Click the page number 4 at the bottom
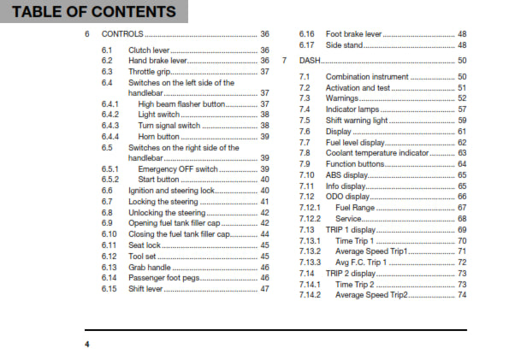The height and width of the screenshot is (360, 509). click(86, 344)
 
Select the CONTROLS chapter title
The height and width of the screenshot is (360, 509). click(122, 35)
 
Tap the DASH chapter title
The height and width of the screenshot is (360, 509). click(311, 62)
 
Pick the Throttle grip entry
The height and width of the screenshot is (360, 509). click(149, 72)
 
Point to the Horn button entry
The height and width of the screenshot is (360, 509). click(159, 136)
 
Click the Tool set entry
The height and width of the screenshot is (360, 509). click(143, 256)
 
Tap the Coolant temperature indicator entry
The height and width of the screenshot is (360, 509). click(380, 153)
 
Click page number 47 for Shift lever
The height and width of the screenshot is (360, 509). click(264, 289)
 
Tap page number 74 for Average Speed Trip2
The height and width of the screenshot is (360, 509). click(462, 295)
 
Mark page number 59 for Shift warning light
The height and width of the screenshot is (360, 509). click(462, 121)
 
